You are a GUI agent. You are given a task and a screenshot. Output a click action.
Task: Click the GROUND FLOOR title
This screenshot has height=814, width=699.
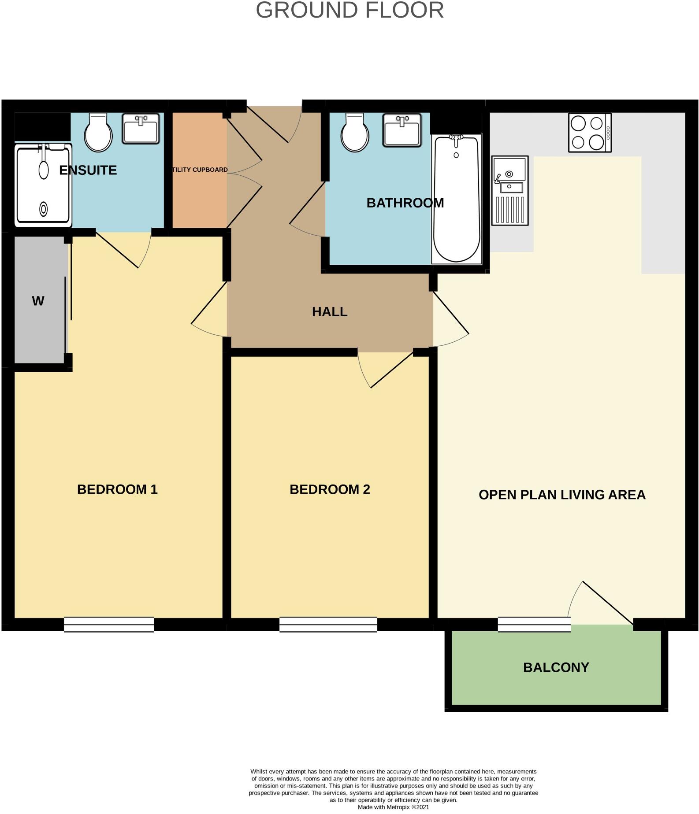[x=349, y=11]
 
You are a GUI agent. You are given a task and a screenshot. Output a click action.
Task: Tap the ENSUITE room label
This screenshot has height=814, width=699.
[x=88, y=170]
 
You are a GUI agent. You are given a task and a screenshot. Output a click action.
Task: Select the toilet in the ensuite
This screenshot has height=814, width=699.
[x=98, y=133]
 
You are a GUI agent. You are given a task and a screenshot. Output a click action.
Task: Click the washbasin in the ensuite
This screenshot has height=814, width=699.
[x=141, y=128]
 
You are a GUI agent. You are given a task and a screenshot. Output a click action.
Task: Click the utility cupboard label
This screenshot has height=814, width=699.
[x=200, y=170]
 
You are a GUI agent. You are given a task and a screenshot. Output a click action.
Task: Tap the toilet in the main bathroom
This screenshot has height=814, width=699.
[x=355, y=133]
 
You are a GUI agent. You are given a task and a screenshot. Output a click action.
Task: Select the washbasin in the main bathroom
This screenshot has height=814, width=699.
[x=402, y=130]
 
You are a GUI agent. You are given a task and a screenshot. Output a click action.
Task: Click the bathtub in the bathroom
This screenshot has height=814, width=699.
[x=457, y=199]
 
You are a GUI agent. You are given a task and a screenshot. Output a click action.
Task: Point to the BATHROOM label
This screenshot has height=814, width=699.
[x=405, y=203]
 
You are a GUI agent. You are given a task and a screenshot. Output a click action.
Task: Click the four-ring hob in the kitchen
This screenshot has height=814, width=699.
[x=590, y=133]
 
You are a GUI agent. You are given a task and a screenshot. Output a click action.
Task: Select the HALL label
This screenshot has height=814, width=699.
[x=330, y=312]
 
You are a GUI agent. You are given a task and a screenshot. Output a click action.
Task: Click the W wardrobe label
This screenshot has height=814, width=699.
[x=38, y=301]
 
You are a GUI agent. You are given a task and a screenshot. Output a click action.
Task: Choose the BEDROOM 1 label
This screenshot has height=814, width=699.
[x=117, y=489]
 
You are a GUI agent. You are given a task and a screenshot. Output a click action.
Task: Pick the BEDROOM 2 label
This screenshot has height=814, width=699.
[x=330, y=489]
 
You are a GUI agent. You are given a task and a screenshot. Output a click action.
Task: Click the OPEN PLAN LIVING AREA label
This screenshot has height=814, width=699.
[x=562, y=495]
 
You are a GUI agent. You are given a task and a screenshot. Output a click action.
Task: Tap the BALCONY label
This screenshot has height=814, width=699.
[x=556, y=667]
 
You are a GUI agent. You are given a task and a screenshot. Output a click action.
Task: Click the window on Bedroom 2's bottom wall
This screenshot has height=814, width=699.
[x=328, y=624]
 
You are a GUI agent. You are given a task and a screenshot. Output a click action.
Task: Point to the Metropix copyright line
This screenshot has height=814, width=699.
[x=393, y=807]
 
